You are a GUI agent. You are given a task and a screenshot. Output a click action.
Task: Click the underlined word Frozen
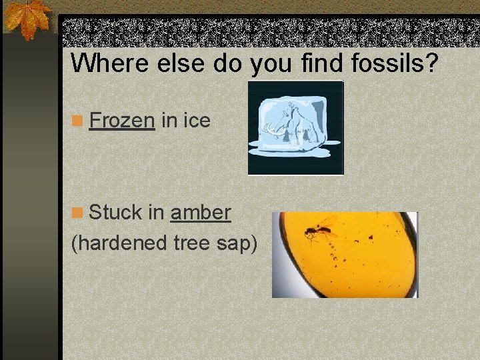122,121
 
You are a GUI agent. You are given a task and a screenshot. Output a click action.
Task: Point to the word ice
197,121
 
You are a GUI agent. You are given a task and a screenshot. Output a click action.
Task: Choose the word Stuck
115,213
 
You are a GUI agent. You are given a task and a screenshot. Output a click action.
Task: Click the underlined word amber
201,213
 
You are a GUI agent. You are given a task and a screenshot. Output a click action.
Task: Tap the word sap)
238,244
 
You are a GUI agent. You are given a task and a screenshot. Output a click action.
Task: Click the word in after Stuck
156,213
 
